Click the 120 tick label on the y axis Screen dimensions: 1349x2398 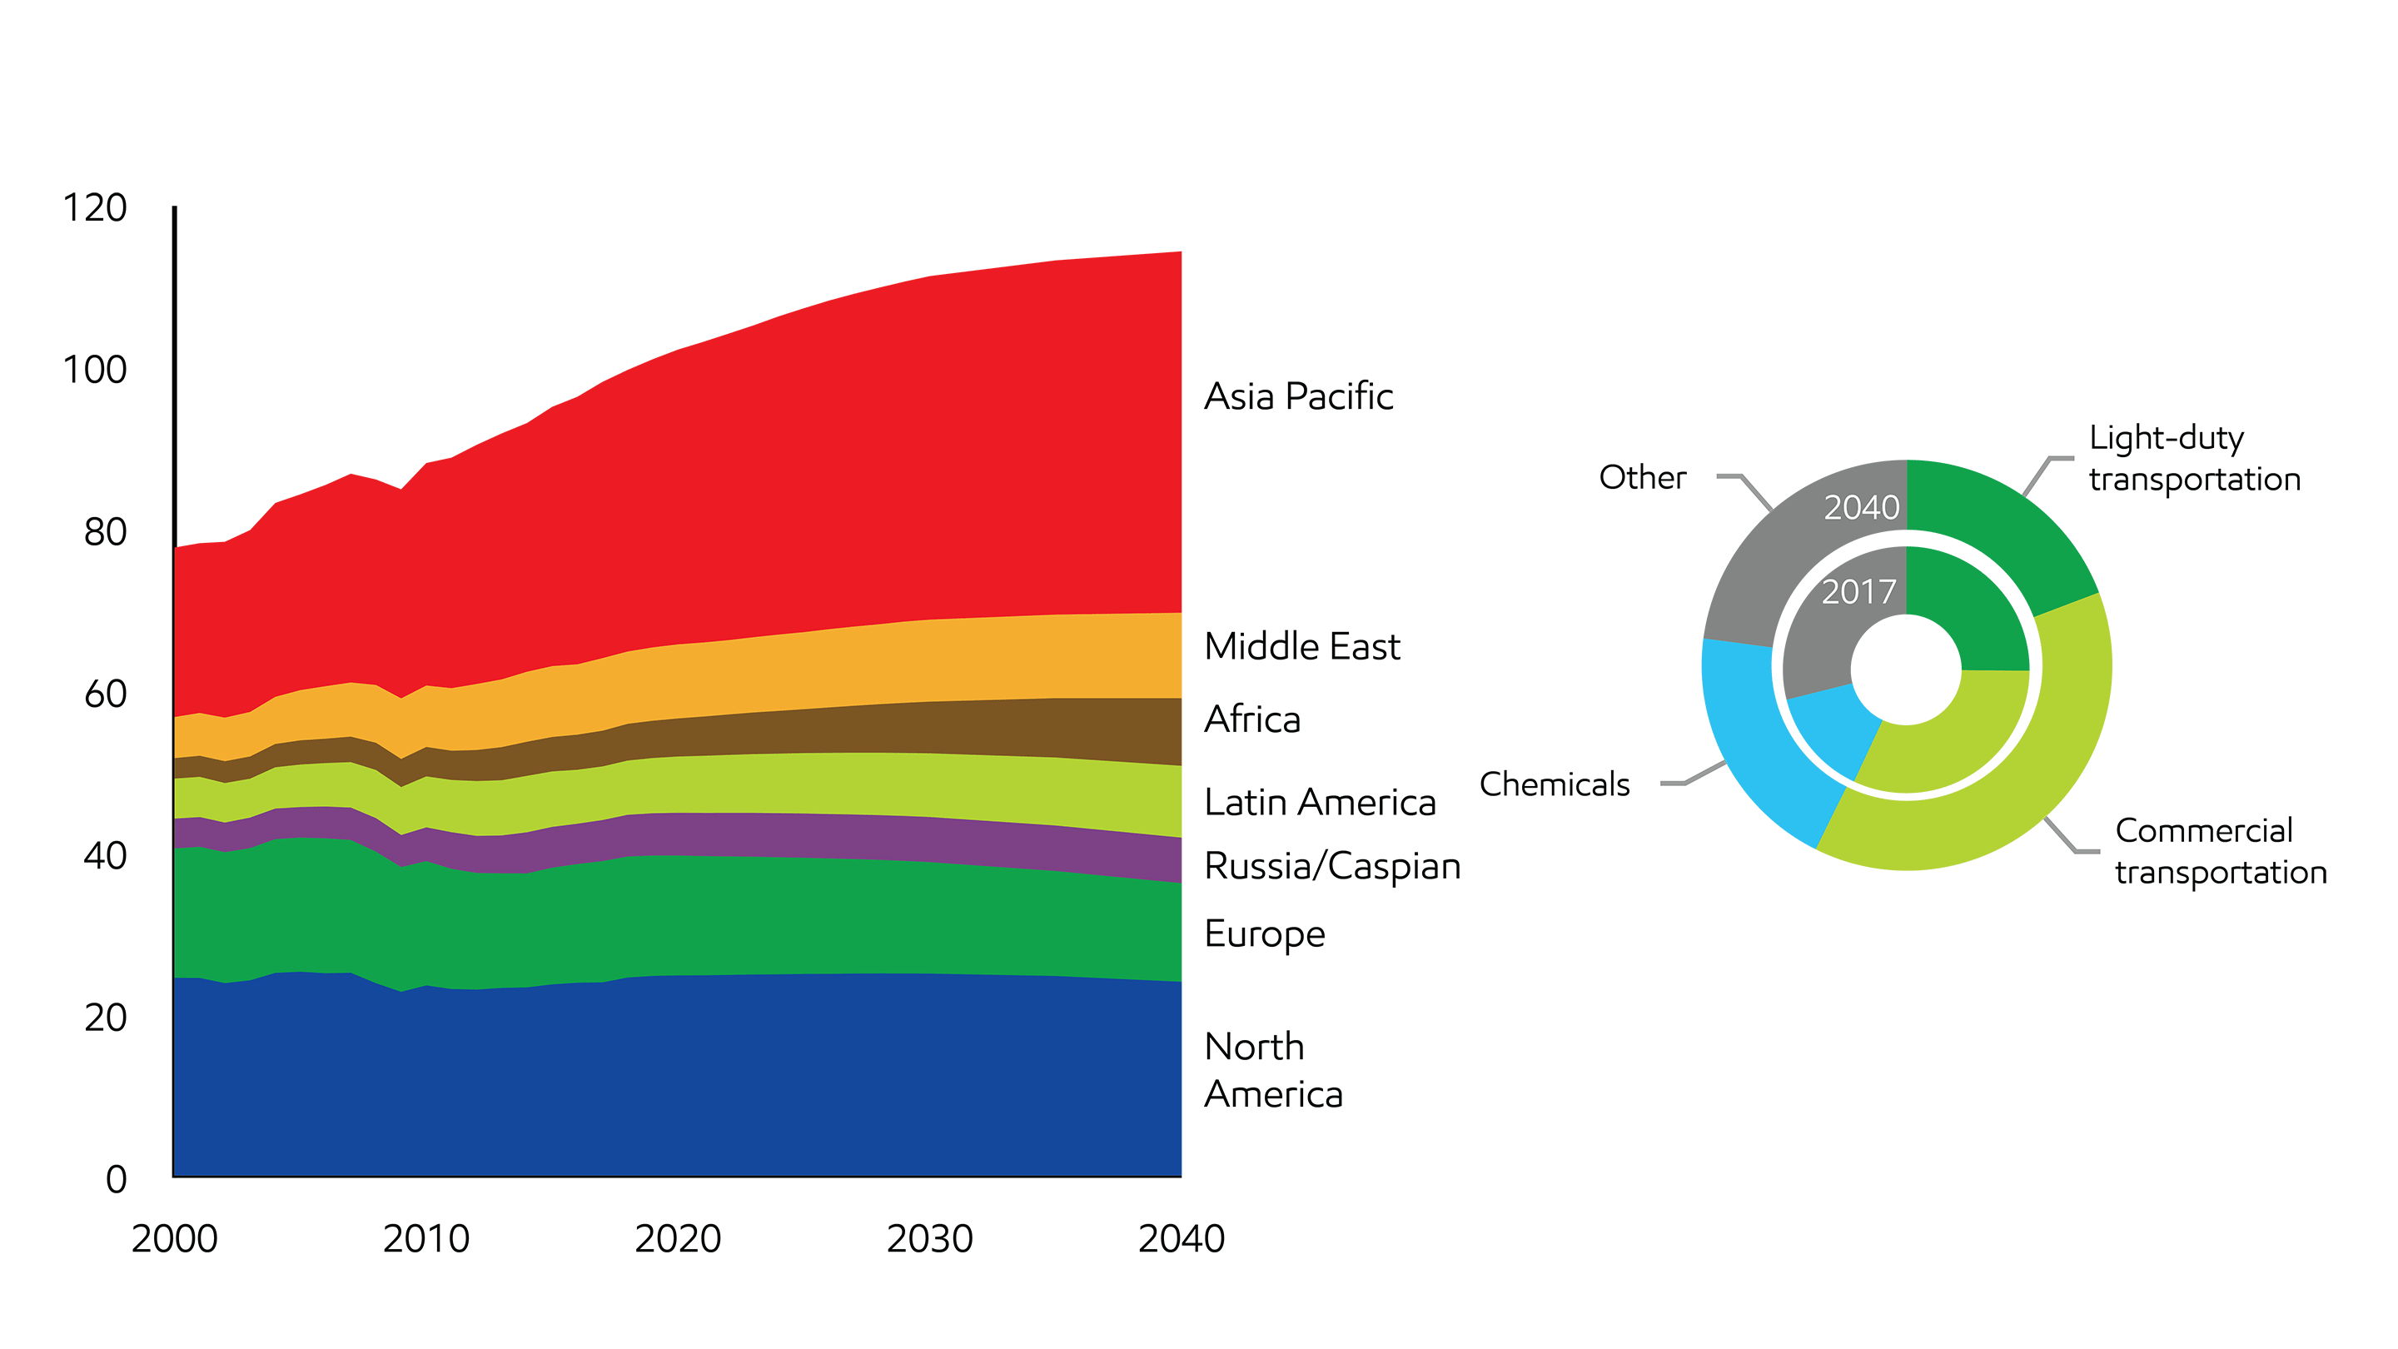click(x=94, y=207)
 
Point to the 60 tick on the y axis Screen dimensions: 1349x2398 click(x=104, y=694)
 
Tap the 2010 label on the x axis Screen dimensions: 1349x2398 click(x=425, y=1239)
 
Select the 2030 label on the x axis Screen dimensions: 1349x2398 click(x=929, y=1239)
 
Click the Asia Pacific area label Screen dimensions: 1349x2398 click(x=1298, y=396)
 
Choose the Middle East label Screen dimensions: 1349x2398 click(x=1301, y=646)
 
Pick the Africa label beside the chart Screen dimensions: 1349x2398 click(x=1252, y=719)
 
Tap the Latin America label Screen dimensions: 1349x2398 click(x=1319, y=803)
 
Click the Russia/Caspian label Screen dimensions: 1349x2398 click(x=1332, y=867)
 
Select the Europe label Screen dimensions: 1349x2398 click(x=1264, y=933)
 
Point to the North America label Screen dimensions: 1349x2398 click(x=1272, y=1071)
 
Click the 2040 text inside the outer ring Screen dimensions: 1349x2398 click(x=1861, y=507)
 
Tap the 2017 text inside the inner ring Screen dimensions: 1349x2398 click(x=1858, y=592)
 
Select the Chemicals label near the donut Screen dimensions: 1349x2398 click(x=1555, y=784)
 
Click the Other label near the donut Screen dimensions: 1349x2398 click(x=1642, y=478)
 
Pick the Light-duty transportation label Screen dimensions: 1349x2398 click(x=2194, y=458)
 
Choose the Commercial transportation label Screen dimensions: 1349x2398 click(x=2220, y=851)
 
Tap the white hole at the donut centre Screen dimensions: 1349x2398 click(x=1906, y=669)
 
